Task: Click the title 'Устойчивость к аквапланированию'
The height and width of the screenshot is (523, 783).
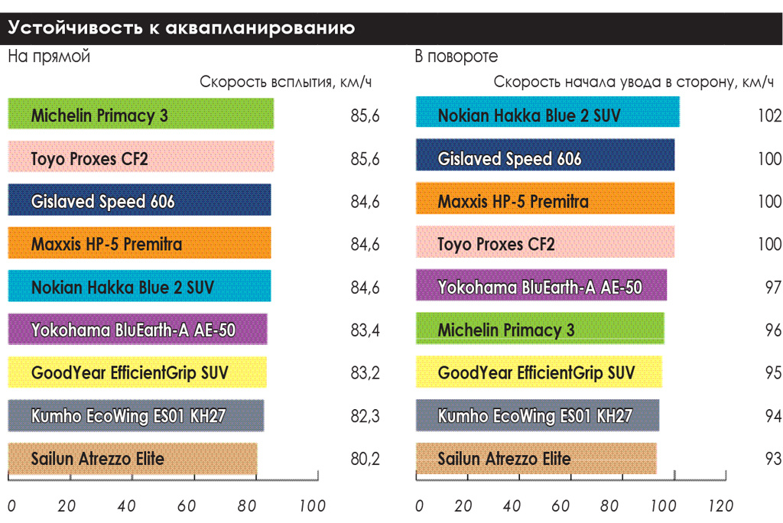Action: pyautogui.click(x=181, y=29)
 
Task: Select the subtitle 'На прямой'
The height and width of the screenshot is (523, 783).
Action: pyautogui.click(x=49, y=57)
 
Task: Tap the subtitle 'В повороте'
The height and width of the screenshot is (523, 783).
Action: pyautogui.click(x=456, y=57)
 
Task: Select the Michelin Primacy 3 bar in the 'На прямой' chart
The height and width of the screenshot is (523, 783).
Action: pyautogui.click(x=141, y=114)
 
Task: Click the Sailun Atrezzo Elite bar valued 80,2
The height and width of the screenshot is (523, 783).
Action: pyautogui.click(x=132, y=459)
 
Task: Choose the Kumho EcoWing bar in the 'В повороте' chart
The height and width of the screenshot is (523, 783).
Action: pyautogui.click(x=538, y=415)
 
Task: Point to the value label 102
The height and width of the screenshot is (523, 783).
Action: pyautogui.click(x=768, y=116)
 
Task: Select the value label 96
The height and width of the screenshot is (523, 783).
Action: pyautogui.click(x=772, y=331)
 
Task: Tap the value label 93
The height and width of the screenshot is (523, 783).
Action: pyautogui.click(x=772, y=460)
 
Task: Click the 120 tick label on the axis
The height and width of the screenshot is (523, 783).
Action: pyautogui.click(x=720, y=506)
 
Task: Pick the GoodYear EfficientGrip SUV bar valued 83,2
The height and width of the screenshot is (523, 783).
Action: pyautogui.click(x=137, y=372)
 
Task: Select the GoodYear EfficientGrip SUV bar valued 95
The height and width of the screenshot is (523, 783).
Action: pyautogui.click(x=539, y=372)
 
